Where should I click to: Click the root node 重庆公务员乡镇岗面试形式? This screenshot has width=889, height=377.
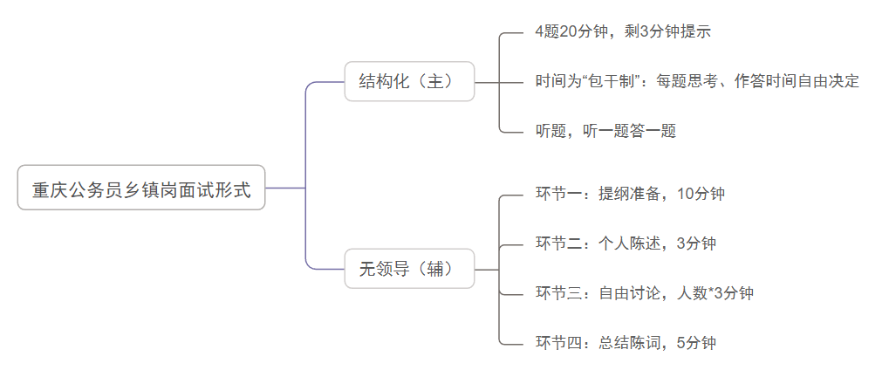coord(141,188)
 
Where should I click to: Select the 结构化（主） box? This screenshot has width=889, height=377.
coord(409,82)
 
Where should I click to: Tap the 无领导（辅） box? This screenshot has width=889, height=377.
coord(409,269)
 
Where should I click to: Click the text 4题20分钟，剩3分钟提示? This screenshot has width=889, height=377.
coord(623,32)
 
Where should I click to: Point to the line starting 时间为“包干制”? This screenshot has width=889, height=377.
coord(697,81)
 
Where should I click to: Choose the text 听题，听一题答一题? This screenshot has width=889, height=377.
coord(605,131)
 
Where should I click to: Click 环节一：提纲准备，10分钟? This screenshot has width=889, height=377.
coord(630,194)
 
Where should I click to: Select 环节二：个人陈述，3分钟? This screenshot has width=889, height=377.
coord(626,243)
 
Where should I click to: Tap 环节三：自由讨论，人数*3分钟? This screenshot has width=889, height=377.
coord(644,293)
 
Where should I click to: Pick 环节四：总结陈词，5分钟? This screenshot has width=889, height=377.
coord(626,343)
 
